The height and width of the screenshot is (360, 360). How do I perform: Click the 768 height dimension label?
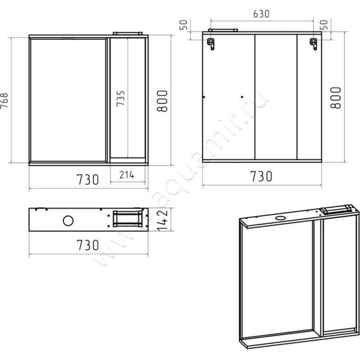[4, 100]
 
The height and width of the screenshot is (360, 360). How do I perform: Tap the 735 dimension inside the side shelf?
[120, 98]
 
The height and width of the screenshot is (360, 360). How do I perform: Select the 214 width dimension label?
[127, 175]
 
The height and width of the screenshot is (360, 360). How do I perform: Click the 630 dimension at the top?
[261, 14]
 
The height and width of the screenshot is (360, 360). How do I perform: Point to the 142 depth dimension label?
[162, 220]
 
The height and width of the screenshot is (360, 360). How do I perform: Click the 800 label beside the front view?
[162, 101]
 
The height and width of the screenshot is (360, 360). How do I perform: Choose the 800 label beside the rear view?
[335, 98]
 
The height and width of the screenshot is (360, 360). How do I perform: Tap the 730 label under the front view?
[88, 180]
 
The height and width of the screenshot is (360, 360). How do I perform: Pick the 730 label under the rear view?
[261, 176]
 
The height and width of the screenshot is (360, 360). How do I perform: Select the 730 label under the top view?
[88, 245]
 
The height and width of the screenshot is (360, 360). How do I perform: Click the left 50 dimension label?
[183, 25]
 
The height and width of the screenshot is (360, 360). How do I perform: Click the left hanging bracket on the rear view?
[211, 44]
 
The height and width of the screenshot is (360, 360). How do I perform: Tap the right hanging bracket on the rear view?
[313, 44]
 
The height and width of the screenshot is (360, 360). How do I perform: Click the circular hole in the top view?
[68, 220]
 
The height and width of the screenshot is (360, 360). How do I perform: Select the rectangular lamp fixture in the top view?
[128, 219]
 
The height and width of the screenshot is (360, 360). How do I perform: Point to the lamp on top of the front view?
[128, 33]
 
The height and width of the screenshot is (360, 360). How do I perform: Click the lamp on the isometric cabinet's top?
[336, 209]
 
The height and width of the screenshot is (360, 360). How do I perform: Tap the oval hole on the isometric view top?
[280, 218]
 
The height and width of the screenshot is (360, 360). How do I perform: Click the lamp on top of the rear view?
[223, 30]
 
